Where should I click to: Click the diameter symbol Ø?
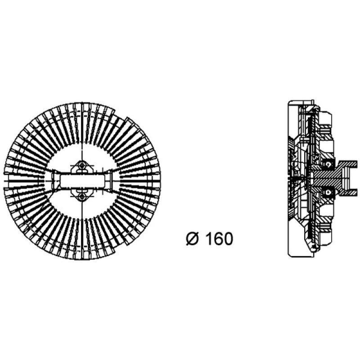click(x=191, y=239)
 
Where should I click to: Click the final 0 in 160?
click(x=228, y=239)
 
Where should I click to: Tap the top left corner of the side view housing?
click(x=288, y=101)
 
